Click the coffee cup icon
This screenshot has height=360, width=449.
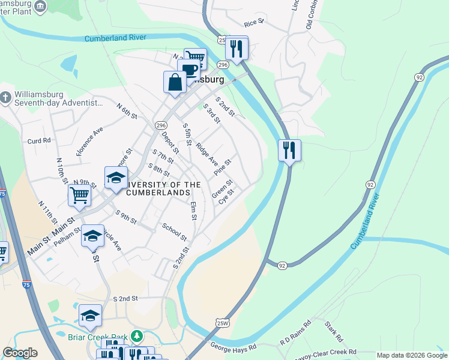(188, 69)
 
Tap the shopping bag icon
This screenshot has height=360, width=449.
(175, 82)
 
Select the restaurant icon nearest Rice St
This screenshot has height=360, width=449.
(237, 48)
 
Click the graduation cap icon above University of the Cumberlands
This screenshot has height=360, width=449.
(116, 178)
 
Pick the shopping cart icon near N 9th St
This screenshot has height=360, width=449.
(79, 194)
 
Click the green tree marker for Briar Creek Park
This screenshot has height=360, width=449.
(137, 335)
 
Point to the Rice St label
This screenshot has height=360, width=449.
(254, 23)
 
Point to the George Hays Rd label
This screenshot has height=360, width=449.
(234, 347)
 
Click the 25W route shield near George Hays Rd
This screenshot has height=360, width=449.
(223, 323)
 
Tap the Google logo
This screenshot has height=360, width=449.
(20, 353)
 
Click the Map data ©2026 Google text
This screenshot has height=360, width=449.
(411, 355)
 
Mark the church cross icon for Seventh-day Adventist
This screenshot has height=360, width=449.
(5, 97)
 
